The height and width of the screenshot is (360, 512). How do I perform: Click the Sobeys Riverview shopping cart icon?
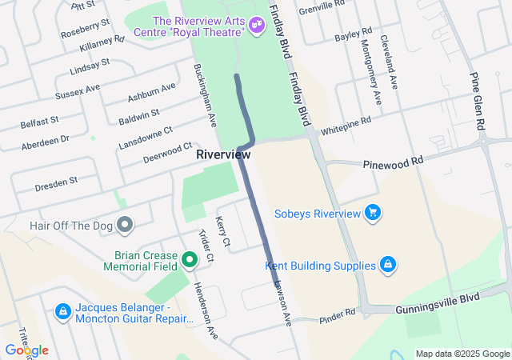pyautogui.click(x=372, y=213)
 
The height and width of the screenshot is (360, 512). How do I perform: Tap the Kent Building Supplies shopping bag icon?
pyautogui.click(x=387, y=265)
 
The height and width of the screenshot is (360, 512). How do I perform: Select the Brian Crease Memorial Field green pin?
pyautogui.click(x=190, y=258)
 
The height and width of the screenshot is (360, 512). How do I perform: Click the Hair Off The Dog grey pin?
pyautogui.click(x=124, y=226)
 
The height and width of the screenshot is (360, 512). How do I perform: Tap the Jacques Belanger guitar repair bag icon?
pyautogui.click(x=62, y=310)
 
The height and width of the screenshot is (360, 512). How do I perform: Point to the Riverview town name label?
pyautogui.click(x=224, y=154)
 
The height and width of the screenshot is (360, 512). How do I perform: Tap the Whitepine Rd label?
pyautogui.click(x=346, y=126)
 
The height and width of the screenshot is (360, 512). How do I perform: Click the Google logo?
pyautogui.click(x=26, y=350)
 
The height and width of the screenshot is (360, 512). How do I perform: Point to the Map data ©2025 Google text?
pyautogui.click(x=462, y=354)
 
